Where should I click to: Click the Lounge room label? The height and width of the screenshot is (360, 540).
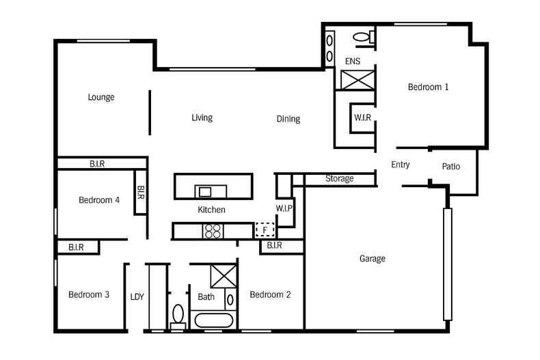pyautogui.click(x=101, y=97)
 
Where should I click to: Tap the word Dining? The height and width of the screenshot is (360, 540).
pyautogui.click(x=288, y=119)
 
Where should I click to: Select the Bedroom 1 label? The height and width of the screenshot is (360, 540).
pyautogui.click(x=428, y=87)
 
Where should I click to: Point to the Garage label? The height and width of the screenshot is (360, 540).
pyautogui.click(x=373, y=258)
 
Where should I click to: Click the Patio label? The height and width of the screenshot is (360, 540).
pyautogui.click(x=451, y=166)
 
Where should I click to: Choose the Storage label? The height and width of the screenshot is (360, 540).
pyautogui.click(x=339, y=179)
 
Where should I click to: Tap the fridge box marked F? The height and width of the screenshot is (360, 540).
pyautogui.click(x=265, y=230)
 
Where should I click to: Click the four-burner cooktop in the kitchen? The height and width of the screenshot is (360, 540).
pyautogui.click(x=213, y=232)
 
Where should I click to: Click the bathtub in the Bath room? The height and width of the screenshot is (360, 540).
pyautogui.click(x=214, y=320)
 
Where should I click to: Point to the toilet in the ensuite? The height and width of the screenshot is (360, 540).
pyautogui.click(x=362, y=37)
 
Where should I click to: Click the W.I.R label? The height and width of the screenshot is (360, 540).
pyautogui.click(x=362, y=117)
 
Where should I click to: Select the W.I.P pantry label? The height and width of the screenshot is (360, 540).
pyautogui.click(x=284, y=208)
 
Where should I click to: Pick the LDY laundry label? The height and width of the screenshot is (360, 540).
pyautogui.click(x=137, y=296)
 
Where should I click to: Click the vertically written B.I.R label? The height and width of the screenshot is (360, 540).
pyautogui.click(x=140, y=193)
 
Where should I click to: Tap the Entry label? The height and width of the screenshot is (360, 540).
pyautogui.click(x=401, y=165)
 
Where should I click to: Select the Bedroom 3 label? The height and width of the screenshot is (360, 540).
pyautogui.click(x=89, y=294)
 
